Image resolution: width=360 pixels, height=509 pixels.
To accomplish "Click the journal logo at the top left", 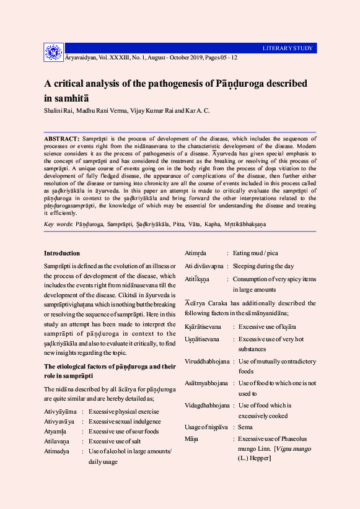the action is tap(53, 53).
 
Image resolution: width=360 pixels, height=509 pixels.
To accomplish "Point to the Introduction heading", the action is tap(62, 253).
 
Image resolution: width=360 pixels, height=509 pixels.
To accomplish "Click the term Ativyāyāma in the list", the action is tap(60, 411).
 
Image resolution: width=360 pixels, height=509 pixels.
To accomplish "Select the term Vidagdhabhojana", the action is tap(207, 406).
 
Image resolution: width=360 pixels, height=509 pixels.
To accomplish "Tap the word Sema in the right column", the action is tap(246, 427).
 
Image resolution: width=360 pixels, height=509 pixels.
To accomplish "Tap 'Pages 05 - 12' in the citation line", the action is tap(216, 57).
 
